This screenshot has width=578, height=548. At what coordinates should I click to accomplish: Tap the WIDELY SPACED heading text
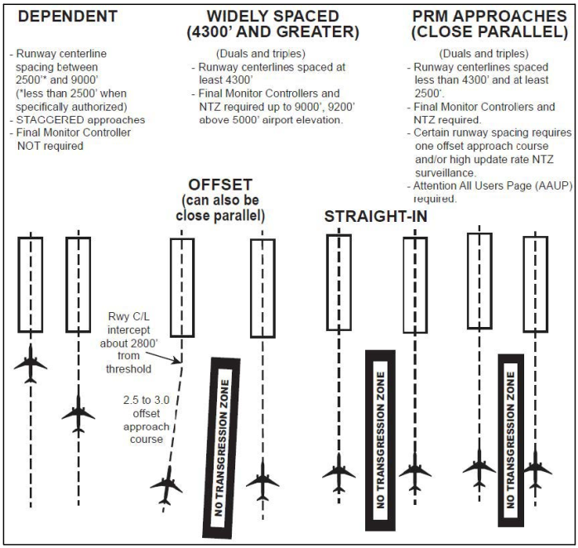click(272, 17)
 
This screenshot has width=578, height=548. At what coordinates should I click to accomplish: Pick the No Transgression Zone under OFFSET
click(221, 448)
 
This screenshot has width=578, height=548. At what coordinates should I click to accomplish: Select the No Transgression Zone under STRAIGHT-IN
click(380, 440)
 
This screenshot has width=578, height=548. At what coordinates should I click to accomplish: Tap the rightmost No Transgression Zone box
click(511, 440)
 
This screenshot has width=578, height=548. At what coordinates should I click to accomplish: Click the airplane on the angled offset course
click(167, 485)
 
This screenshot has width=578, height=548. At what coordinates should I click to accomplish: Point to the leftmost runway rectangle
click(31, 283)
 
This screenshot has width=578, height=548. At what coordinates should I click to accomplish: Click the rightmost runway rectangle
click(535, 283)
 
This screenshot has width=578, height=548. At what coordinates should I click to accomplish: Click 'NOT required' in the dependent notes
click(51, 145)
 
